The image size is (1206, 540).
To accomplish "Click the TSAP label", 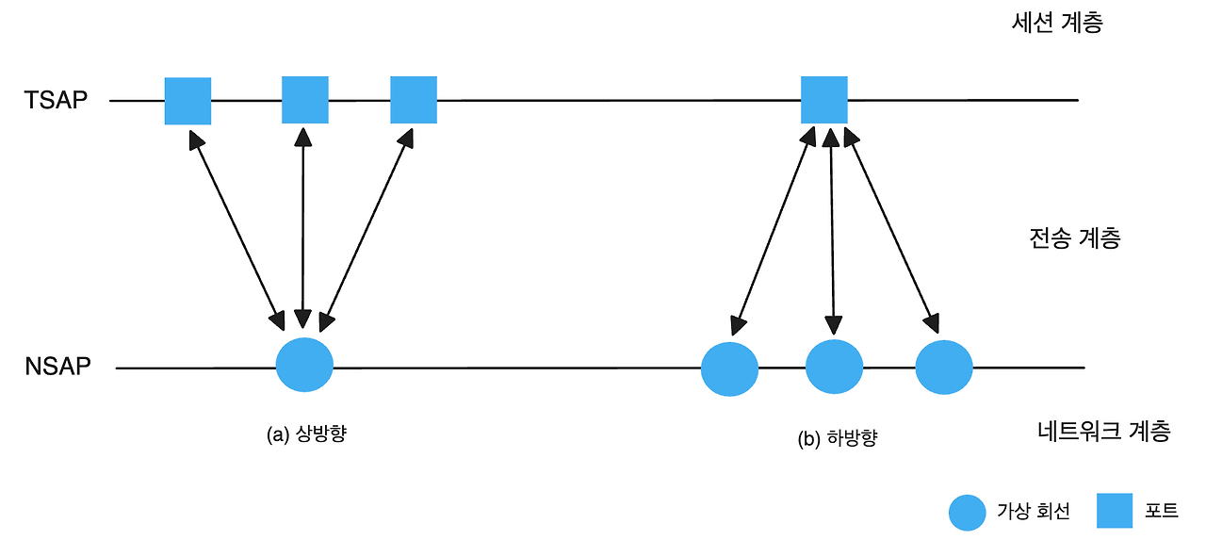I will coord(56,100).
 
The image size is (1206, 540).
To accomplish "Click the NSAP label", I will coord(58,367).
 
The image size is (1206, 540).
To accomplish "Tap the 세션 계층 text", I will coord(1054,24).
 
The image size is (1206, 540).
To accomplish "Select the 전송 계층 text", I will coord(1075,237).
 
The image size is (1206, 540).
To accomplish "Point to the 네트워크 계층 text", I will coord(1103,432).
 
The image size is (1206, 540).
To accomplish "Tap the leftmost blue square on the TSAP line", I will coord(187,101).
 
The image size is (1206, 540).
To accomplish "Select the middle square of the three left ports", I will coord(304,100).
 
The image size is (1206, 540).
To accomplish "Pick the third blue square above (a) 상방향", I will coord(414,100).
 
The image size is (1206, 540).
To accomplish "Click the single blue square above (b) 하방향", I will coord(824,100).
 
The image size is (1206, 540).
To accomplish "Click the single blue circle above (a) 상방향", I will coord(304,365).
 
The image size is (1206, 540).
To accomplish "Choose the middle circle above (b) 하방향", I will coord(834,367).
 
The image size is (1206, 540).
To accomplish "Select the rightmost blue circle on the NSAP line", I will coord(943,367).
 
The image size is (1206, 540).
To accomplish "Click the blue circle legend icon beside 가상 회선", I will coord(967,512).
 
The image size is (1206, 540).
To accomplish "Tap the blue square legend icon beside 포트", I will coord(1115,511).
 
